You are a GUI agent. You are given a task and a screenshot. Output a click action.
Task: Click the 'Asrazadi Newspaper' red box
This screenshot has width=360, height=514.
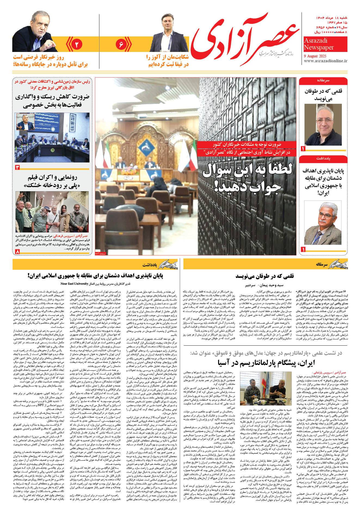pos(325,44)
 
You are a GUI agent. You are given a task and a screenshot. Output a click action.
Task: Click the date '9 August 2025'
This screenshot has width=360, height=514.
pos(315,56)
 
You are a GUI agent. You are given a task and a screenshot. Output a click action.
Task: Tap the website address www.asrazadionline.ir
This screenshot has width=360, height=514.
pos(325,61)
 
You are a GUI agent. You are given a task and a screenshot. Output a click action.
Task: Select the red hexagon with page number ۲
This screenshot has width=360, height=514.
pos(76,44)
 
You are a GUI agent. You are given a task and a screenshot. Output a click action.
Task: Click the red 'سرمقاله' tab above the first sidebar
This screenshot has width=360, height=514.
pos(323,80)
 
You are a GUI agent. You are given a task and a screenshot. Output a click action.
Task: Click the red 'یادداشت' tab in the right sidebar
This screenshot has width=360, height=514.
pos(323,158)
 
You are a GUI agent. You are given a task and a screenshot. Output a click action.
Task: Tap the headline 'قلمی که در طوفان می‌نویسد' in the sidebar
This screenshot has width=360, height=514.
pos(323,95)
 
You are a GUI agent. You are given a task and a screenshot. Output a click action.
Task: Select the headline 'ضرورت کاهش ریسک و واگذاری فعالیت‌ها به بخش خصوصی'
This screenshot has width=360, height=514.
pos(52,101)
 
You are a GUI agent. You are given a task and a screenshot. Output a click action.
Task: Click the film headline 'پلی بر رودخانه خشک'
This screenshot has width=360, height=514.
pos(52,181)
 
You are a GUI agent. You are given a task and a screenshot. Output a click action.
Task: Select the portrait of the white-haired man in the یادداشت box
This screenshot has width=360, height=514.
pos(323,223)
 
